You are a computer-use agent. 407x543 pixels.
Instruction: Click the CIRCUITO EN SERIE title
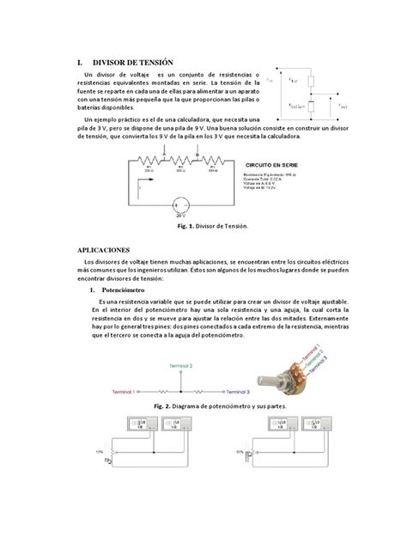pyautogui.click(x=272, y=163)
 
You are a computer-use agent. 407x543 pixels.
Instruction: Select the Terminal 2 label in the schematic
pyautogui.click(x=178, y=365)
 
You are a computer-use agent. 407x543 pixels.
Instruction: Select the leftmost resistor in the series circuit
pyautogui.click(x=148, y=161)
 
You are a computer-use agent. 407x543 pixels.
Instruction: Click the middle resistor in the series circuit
pyautogui.click(x=181, y=161)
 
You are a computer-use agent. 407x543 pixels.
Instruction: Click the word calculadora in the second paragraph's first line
pyautogui.click(x=191, y=118)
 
